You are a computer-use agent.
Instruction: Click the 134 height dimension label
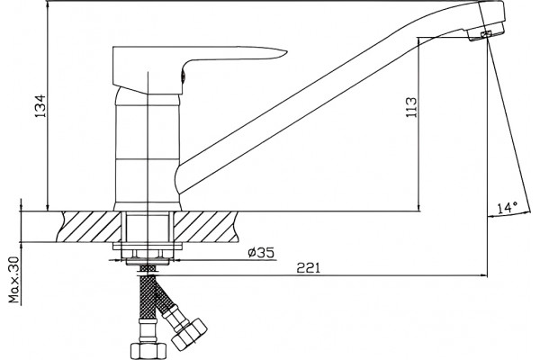pos(40,105)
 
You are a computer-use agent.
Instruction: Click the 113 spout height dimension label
pos(411,107)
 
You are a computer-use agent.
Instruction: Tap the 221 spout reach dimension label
pos(309,267)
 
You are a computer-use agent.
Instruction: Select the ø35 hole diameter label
pos(261,253)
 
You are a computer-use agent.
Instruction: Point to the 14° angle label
pos(508,207)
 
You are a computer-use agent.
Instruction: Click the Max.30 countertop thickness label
pos(14,280)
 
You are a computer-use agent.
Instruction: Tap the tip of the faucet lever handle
pos(286,51)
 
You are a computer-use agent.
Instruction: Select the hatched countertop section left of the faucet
pos(90,227)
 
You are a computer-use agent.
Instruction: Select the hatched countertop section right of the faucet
pos(206,227)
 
